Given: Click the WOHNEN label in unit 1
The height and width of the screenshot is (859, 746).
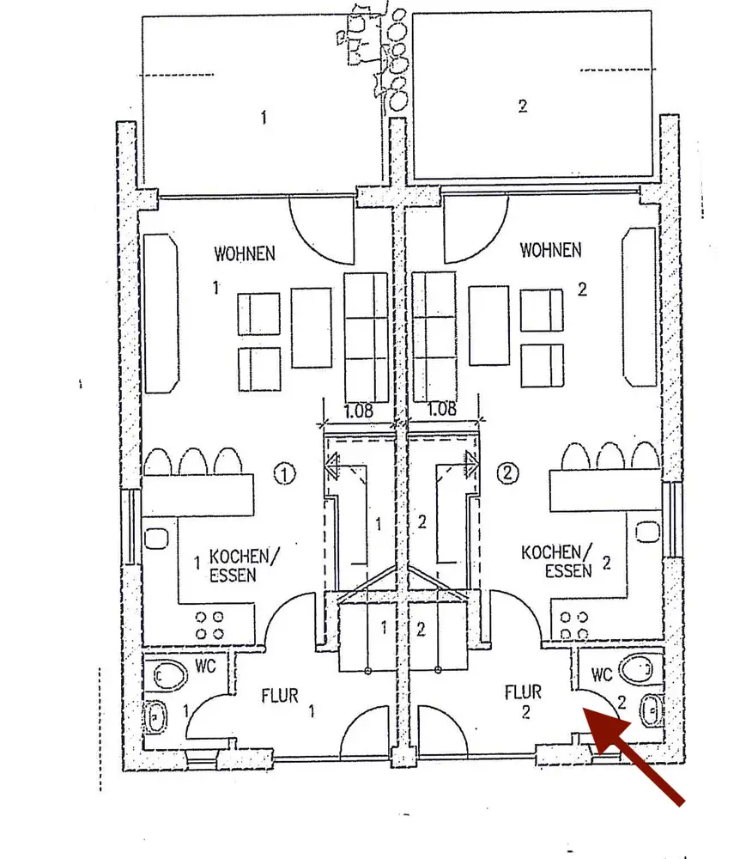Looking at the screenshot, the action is [245, 253].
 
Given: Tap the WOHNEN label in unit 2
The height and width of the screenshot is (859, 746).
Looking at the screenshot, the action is [550, 250].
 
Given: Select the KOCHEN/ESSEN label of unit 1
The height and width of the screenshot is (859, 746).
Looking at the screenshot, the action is [245, 565].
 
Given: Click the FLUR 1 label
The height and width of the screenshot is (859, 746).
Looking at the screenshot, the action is [281, 694].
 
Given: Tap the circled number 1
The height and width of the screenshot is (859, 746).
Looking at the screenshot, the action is [285, 472].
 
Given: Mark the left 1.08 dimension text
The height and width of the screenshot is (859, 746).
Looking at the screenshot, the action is [358, 410].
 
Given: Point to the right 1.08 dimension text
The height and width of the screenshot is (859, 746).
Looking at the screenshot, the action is [441, 410].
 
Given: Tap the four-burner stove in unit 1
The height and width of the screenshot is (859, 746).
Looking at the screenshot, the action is [209, 624].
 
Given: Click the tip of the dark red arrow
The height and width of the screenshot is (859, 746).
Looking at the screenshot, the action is [585, 710].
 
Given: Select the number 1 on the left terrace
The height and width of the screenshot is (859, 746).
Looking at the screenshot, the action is [263, 117].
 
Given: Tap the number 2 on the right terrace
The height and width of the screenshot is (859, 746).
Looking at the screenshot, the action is [522, 107].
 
